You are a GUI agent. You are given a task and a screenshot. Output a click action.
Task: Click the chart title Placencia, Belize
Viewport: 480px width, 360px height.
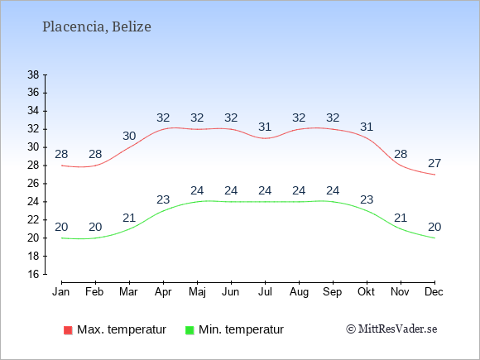click(97, 26)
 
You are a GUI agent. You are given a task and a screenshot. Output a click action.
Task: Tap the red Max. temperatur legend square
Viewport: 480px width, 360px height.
click(68, 330)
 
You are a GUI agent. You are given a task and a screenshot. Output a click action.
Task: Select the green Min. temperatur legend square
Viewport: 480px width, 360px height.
click(190, 330)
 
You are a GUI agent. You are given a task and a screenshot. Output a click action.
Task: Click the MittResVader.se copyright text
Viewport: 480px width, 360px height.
click(391, 329)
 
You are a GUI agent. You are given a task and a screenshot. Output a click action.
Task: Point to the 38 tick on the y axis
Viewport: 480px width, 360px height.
click(33, 74)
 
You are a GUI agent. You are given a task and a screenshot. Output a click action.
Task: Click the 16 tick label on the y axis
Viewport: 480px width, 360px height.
click(33, 274)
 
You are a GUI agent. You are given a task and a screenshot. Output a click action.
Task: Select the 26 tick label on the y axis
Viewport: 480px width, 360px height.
click(33, 184)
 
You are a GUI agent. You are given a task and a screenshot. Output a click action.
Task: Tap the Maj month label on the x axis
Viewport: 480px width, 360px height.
click(197, 292)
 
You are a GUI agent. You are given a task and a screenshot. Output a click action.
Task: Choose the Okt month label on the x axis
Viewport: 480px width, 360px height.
click(366, 292)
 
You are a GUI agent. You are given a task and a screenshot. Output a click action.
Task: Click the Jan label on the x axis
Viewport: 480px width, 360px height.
click(61, 292)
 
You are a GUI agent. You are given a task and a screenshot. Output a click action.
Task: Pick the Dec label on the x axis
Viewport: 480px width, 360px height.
click(434, 292)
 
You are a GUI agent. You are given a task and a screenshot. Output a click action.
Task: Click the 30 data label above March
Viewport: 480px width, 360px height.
click(129, 136)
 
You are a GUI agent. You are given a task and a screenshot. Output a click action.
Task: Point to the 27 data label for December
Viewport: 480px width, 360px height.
click(434, 164)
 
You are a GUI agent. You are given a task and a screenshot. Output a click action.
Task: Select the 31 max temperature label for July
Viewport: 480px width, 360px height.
click(265, 127)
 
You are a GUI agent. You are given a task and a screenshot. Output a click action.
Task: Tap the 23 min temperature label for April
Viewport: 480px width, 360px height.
click(163, 200)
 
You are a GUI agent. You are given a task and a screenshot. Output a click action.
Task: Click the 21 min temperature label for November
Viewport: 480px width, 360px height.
click(401, 218)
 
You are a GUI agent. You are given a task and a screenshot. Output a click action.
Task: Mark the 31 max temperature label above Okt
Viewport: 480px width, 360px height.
click(367, 127)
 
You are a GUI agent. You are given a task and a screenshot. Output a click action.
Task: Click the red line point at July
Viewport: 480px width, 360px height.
click(265, 138)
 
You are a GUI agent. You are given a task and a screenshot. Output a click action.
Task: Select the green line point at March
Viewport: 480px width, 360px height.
click(129, 229)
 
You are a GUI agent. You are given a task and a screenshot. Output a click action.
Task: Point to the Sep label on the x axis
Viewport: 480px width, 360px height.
click(333, 292)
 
